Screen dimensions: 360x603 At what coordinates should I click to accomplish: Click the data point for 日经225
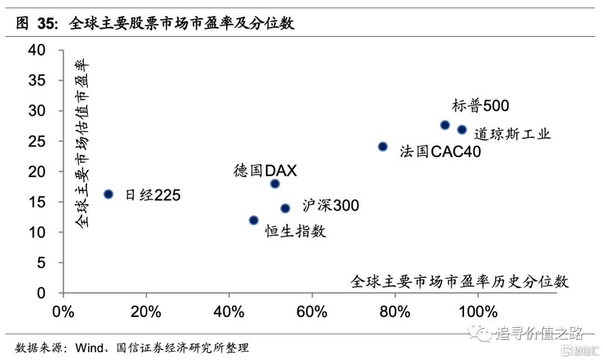pyautogui.click(x=108, y=194)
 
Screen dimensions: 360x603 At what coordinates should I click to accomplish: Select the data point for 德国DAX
pyautogui.click(x=275, y=184)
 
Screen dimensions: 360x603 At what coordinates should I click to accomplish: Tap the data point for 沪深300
pyautogui.click(x=285, y=208)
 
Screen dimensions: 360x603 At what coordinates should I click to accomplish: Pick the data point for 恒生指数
pyautogui.click(x=253, y=220)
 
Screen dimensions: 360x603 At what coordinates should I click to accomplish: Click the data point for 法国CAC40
pyautogui.click(x=382, y=146)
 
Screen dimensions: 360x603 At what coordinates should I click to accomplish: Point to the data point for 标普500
pyautogui.click(x=445, y=125)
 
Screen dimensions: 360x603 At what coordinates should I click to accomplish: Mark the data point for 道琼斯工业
pyautogui.click(x=462, y=129)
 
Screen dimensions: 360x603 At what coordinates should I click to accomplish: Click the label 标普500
pyautogui.click(x=481, y=105)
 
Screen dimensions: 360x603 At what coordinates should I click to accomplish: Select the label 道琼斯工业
pyautogui.click(x=512, y=134)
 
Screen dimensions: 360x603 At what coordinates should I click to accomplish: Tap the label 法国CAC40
pyautogui.click(x=440, y=152)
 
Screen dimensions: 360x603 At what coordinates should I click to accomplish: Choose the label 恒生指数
pyautogui.click(x=295, y=231)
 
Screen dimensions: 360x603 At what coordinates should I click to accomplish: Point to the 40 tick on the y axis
pyautogui.click(x=37, y=50)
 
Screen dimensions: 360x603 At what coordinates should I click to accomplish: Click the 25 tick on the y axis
pyautogui.click(x=37, y=141)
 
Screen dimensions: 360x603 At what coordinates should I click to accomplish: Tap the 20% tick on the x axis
pyautogui.click(x=146, y=311)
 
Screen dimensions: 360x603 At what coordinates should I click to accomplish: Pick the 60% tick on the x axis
pyautogui.click(x=312, y=311)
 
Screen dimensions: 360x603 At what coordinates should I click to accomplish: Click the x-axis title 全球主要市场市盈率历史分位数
pyautogui.click(x=460, y=281)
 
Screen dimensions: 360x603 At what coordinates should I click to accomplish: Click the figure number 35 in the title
pyautogui.click(x=47, y=23)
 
